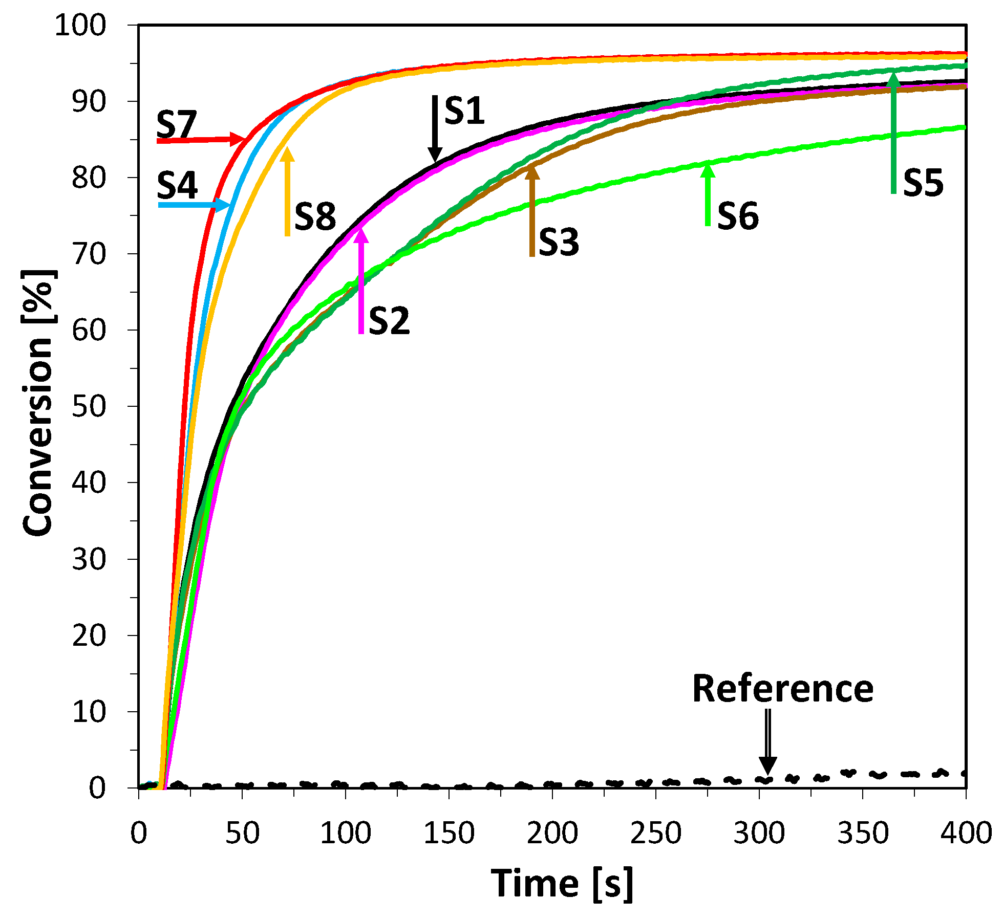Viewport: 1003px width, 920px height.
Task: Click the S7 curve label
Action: click(176, 124)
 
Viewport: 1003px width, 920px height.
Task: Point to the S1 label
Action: click(464, 111)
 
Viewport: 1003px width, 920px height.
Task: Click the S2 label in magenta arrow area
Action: click(389, 321)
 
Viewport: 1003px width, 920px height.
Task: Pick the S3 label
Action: click(559, 242)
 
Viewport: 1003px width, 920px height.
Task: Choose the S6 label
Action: click(738, 216)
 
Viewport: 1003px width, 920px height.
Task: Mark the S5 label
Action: click(923, 183)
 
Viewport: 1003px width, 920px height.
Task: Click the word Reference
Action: click(782, 689)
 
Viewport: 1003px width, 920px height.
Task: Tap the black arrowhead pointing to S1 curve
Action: click(435, 154)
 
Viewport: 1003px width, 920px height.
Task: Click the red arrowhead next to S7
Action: click(239, 139)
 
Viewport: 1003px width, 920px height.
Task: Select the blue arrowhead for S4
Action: click(224, 205)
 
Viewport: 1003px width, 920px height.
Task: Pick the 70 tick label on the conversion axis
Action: click(89, 254)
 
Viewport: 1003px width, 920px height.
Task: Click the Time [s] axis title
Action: click(562, 884)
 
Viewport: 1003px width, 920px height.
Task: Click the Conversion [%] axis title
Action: click(38, 403)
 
